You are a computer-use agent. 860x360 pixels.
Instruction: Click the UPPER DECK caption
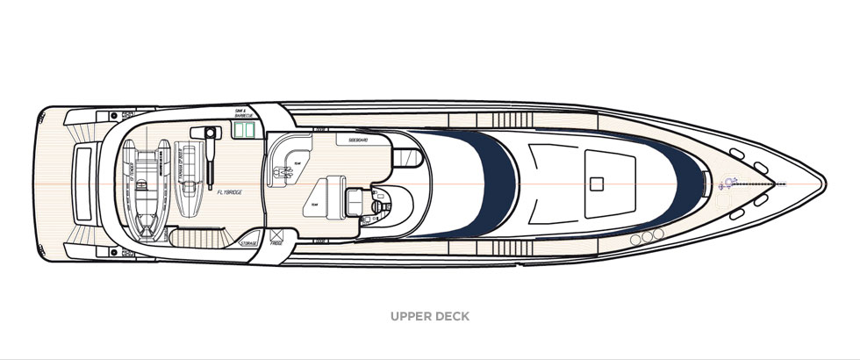click(430, 316)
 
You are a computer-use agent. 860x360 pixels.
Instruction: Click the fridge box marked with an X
click(276, 235)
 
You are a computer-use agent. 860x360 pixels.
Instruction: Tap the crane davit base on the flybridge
click(211, 133)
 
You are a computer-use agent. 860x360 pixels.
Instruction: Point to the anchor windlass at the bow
click(727, 184)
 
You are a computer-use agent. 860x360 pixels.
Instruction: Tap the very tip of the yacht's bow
click(824, 184)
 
